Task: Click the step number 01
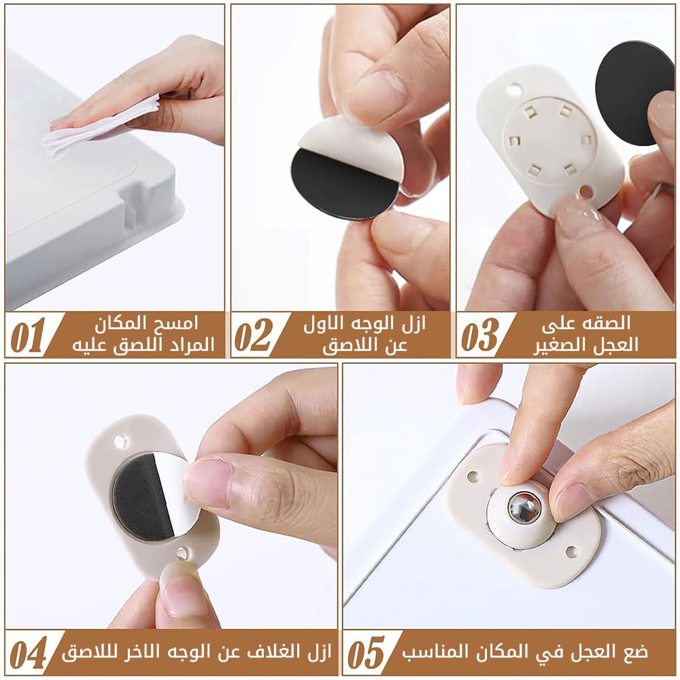click(x=28, y=335)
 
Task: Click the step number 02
click(x=254, y=335)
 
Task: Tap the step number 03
click(x=480, y=335)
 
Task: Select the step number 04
click(x=29, y=653)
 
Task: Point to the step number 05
click(x=367, y=653)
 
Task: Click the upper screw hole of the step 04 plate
click(x=120, y=442)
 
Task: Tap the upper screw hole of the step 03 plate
click(x=514, y=90)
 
